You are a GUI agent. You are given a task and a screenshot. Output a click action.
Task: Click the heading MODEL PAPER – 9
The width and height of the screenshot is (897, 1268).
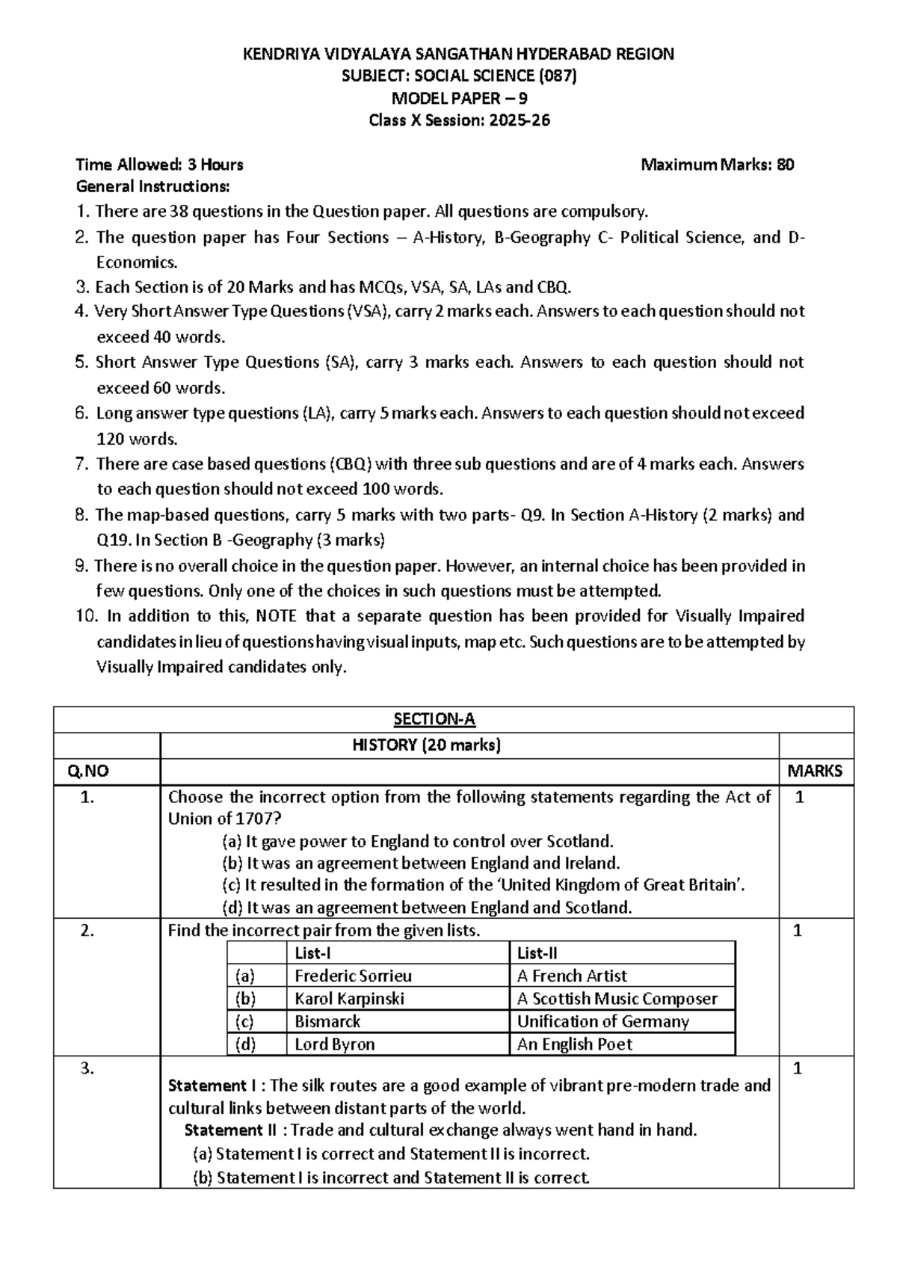(x=460, y=98)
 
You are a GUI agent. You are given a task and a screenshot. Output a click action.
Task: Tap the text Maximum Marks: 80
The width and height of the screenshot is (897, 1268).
(x=717, y=164)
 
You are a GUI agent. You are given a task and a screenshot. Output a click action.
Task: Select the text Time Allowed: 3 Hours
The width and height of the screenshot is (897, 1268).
(x=159, y=164)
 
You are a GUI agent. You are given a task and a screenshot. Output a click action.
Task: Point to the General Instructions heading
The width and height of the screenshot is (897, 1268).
(x=152, y=186)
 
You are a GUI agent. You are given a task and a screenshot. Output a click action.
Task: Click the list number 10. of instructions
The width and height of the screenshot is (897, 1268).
(x=87, y=616)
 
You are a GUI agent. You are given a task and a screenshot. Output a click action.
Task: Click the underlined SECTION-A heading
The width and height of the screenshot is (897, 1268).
(x=434, y=719)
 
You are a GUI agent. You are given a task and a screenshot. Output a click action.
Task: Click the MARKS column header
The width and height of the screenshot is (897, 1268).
(x=815, y=771)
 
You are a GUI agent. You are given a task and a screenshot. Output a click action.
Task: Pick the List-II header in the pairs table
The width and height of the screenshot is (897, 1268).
(x=537, y=953)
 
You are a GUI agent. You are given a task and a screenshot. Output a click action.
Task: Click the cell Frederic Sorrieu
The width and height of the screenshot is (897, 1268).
(x=353, y=976)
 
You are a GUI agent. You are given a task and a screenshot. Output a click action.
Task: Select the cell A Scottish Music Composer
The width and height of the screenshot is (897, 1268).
(x=617, y=999)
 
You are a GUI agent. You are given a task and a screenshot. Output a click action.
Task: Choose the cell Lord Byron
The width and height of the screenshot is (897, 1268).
(x=334, y=1044)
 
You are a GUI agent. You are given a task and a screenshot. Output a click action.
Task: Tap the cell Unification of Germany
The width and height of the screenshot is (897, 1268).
(x=602, y=1021)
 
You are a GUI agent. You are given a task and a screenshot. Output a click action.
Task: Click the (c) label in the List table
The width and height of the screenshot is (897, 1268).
(x=244, y=1021)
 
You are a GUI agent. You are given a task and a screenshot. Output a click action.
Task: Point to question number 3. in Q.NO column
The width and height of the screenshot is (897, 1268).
(x=87, y=1068)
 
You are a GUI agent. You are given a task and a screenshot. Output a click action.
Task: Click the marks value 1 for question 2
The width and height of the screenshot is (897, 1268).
(x=798, y=931)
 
